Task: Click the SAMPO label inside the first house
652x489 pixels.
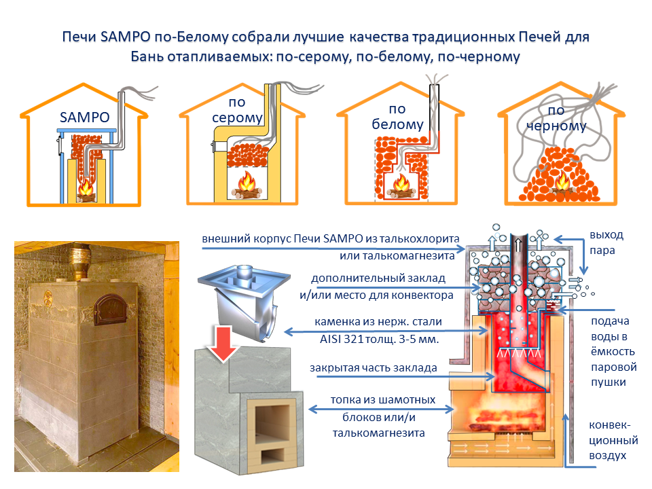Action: (x=84, y=117)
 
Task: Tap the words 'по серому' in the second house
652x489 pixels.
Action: (x=236, y=111)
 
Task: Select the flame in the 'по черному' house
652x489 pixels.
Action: (x=562, y=183)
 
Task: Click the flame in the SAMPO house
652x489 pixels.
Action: (x=86, y=187)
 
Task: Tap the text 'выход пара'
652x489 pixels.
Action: (x=606, y=242)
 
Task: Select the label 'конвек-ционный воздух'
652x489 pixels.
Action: (x=609, y=440)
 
